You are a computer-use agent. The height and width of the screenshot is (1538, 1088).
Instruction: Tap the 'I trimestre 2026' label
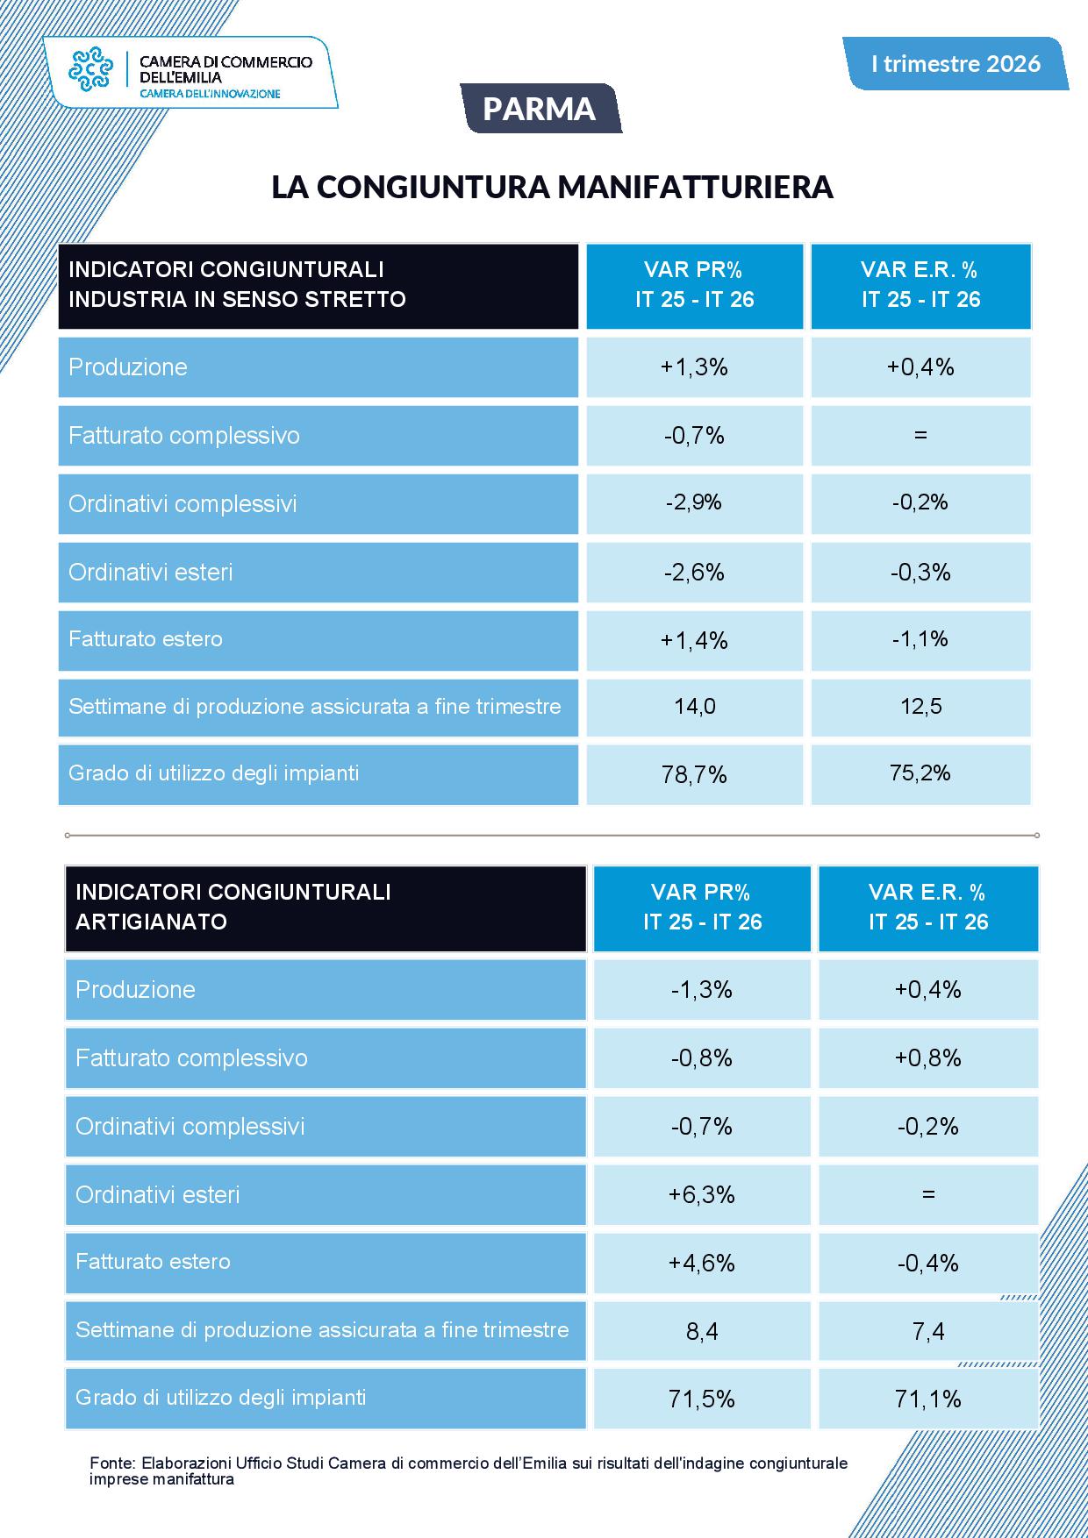pyautogui.click(x=956, y=63)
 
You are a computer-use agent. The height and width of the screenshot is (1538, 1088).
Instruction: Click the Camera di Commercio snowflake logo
pyautogui.click(x=91, y=70)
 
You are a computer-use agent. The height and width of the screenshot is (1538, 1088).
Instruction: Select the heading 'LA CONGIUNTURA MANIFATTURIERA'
pyautogui.click(x=552, y=187)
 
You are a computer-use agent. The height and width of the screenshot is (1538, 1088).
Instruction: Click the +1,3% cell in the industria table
pyautogui.click(x=695, y=367)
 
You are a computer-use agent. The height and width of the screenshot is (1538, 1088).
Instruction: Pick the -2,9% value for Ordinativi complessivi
pyautogui.click(x=695, y=503)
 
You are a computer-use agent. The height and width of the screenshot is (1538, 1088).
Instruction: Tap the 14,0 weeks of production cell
pyautogui.click(x=695, y=707)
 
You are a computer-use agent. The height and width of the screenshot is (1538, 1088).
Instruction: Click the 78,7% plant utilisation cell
pyautogui.click(x=695, y=774)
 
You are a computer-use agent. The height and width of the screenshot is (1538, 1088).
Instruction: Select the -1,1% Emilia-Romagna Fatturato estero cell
pyautogui.click(x=920, y=640)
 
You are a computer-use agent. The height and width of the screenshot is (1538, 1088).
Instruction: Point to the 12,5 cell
pyautogui.click(x=920, y=707)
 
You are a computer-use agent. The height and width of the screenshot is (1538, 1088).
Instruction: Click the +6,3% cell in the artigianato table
pyautogui.click(x=702, y=1194)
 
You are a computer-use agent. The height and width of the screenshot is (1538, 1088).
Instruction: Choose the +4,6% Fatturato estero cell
pyautogui.click(x=702, y=1263)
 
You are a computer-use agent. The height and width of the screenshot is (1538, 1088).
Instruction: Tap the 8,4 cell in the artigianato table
pyautogui.click(x=702, y=1331)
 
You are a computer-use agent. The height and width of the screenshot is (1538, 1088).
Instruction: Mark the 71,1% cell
pyautogui.click(x=928, y=1399)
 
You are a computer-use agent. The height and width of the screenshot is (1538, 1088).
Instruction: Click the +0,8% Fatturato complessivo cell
pyautogui.click(x=928, y=1057)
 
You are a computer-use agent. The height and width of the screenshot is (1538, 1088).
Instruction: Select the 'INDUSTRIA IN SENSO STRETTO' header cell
pyautogui.click(x=319, y=286)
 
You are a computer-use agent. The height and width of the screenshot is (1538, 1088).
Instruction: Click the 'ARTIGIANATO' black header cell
pyautogui.click(x=326, y=908)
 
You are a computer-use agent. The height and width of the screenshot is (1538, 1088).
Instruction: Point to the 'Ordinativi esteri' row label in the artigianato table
pyautogui.click(x=158, y=1195)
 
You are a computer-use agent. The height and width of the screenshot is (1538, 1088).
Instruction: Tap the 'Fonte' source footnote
pyautogui.click(x=469, y=1470)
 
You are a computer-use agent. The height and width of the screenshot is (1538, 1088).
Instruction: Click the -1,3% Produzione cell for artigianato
pyautogui.click(x=702, y=990)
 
